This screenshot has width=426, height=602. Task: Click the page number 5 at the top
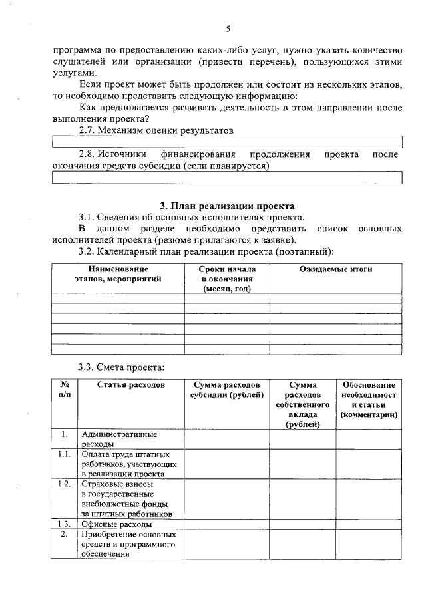[x=228, y=29]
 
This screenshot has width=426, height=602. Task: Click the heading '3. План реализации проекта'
[x=227, y=206]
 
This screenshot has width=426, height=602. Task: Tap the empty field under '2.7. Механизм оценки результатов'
[x=227, y=142]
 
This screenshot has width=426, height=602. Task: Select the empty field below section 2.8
[x=227, y=178]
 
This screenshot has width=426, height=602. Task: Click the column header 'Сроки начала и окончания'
[x=227, y=279]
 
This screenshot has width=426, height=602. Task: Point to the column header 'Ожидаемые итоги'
[x=335, y=269]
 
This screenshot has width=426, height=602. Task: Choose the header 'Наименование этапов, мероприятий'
[x=118, y=274]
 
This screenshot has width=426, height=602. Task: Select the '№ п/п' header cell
[x=65, y=390]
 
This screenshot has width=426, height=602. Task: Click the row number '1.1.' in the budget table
[x=65, y=454]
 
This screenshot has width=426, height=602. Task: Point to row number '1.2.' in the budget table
[x=65, y=484]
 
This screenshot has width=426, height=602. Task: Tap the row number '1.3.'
[x=65, y=524]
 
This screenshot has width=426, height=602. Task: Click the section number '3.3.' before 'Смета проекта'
[x=88, y=367]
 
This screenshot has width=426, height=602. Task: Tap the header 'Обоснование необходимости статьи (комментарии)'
[x=369, y=400]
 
